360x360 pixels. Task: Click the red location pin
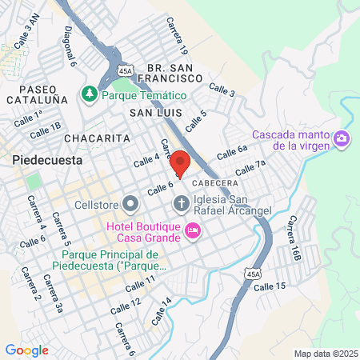click(x=181, y=163)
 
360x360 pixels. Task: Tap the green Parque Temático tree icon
click(x=89, y=94)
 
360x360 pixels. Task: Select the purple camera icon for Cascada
click(x=342, y=139)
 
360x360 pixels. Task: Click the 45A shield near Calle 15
click(x=254, y=274)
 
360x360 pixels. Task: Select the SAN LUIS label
click(x=158, y=114)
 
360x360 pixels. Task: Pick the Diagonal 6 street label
click(x=71, y=48)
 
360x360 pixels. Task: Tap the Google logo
click(x=26, y=350)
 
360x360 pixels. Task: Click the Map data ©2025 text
click(x=326, y=353)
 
